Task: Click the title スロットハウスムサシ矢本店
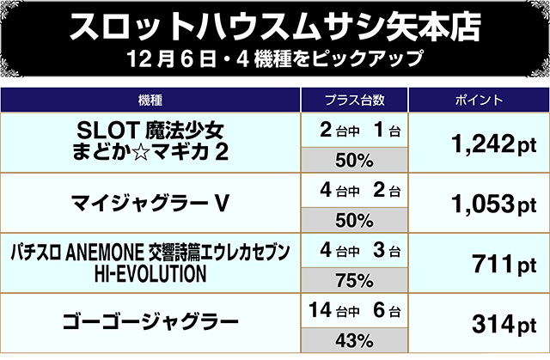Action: (275, 26)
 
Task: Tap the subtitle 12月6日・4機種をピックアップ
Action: (275, 62)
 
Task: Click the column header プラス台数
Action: (353, 99)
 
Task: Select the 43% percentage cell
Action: (353, 338)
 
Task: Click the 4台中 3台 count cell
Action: (353, 249)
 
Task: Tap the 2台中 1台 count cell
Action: (353, 130)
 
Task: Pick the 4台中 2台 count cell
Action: (353, 190)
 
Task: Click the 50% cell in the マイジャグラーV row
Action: (353, 219)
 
